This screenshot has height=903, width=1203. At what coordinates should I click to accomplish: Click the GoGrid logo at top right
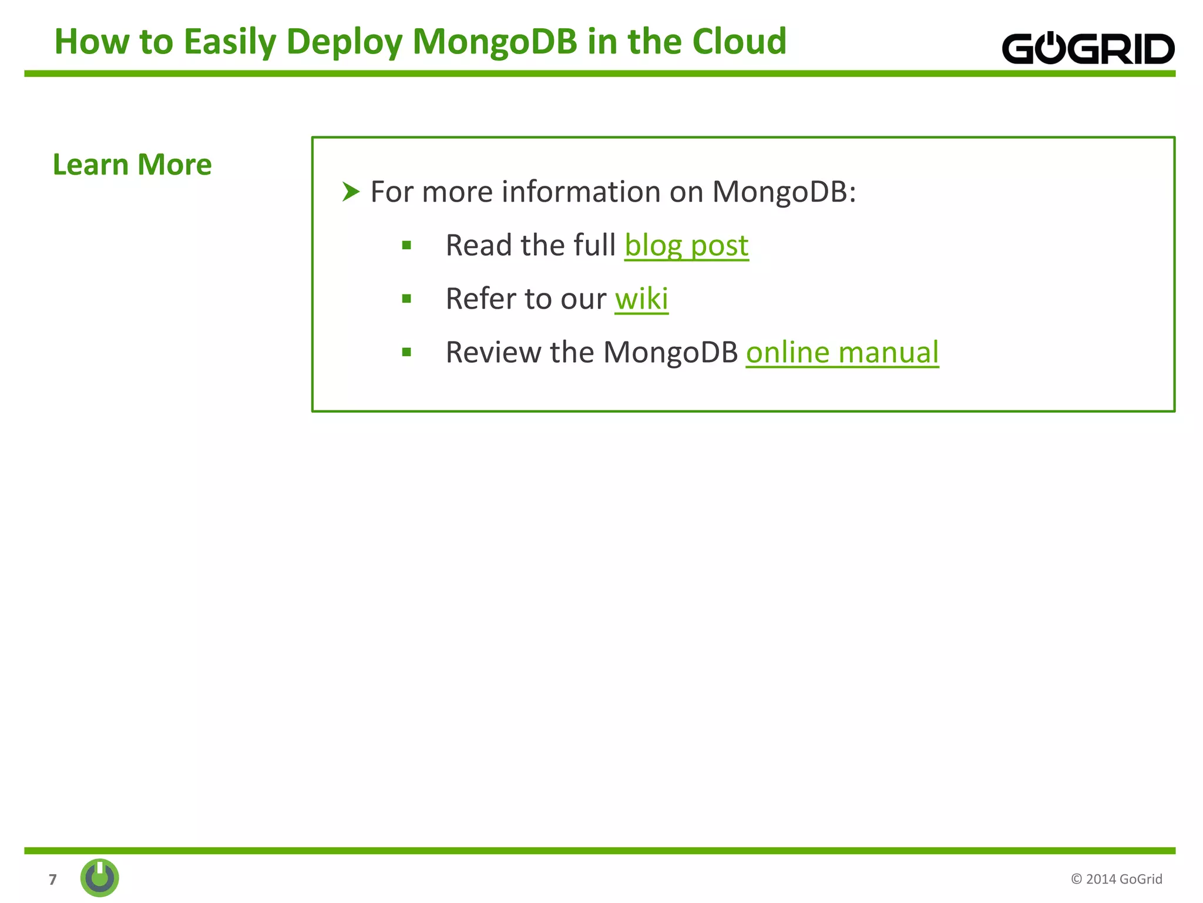pyautogui.click(x=1087, y=48)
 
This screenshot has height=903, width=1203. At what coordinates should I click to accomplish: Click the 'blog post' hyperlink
pyautogui.click(x=686, y=246)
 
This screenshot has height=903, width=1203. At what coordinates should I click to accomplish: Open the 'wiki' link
pyautogui.click(x=641, y=299)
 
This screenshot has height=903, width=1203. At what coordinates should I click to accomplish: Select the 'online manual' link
pyautogui.click(x=842, y=353)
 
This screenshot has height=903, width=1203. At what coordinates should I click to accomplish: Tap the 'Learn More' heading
pyautogui.click(x=132, y=165)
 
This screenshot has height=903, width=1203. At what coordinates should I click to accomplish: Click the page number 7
pyautogui.click(x=53, y=879)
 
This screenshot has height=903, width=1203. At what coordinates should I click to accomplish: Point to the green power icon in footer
pyautogui.click(x=100, y=878)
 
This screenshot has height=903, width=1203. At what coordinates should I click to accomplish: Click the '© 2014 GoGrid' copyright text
pyautogui.click(x=1116, y=879)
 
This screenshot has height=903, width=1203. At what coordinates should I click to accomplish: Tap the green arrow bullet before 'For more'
pyautogui.click(x=351, y=192)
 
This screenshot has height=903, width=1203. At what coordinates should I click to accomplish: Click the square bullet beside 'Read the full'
pyautogui.click(x=406, y=246)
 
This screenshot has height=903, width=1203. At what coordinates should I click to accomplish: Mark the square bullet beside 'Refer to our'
pyautogui.click(x=406, y=299)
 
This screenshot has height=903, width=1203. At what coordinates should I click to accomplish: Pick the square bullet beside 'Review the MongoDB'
pyautogui.click(x=406, y=353)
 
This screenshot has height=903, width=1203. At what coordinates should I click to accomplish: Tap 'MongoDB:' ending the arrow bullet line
pyautogui.click(x=784, y=193)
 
